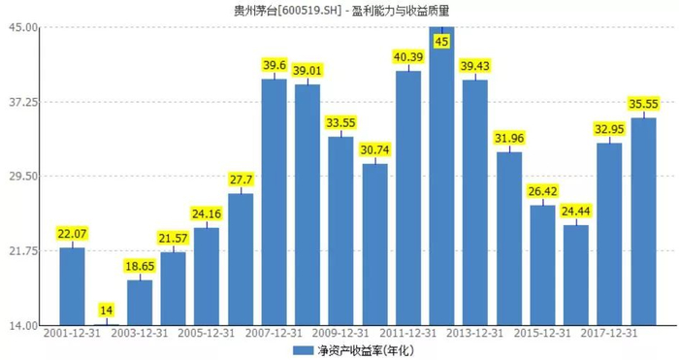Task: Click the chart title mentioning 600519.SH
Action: (x=341, y=10)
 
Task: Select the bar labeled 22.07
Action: (x=73, y=286)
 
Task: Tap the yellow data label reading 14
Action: (x=106, y=311)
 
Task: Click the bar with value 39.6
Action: (x=275, y=202)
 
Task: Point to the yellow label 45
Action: (x=441, y=42)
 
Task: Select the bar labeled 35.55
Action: (x=643, y=221)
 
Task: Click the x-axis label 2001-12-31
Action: (x=72, y=333)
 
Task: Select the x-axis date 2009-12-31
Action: (x=340, y=333)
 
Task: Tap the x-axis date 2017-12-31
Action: (x=609, y=333)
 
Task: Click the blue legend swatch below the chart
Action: (x=303, y=350)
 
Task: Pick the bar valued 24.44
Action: (x=576, y=275)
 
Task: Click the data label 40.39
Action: (x=408, y=56)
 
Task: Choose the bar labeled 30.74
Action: (x=375, y=245)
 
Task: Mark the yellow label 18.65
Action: (x=140, y=266)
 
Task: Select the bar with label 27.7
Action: (x=241, y=259)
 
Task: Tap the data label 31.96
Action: (x=509, y=138)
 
